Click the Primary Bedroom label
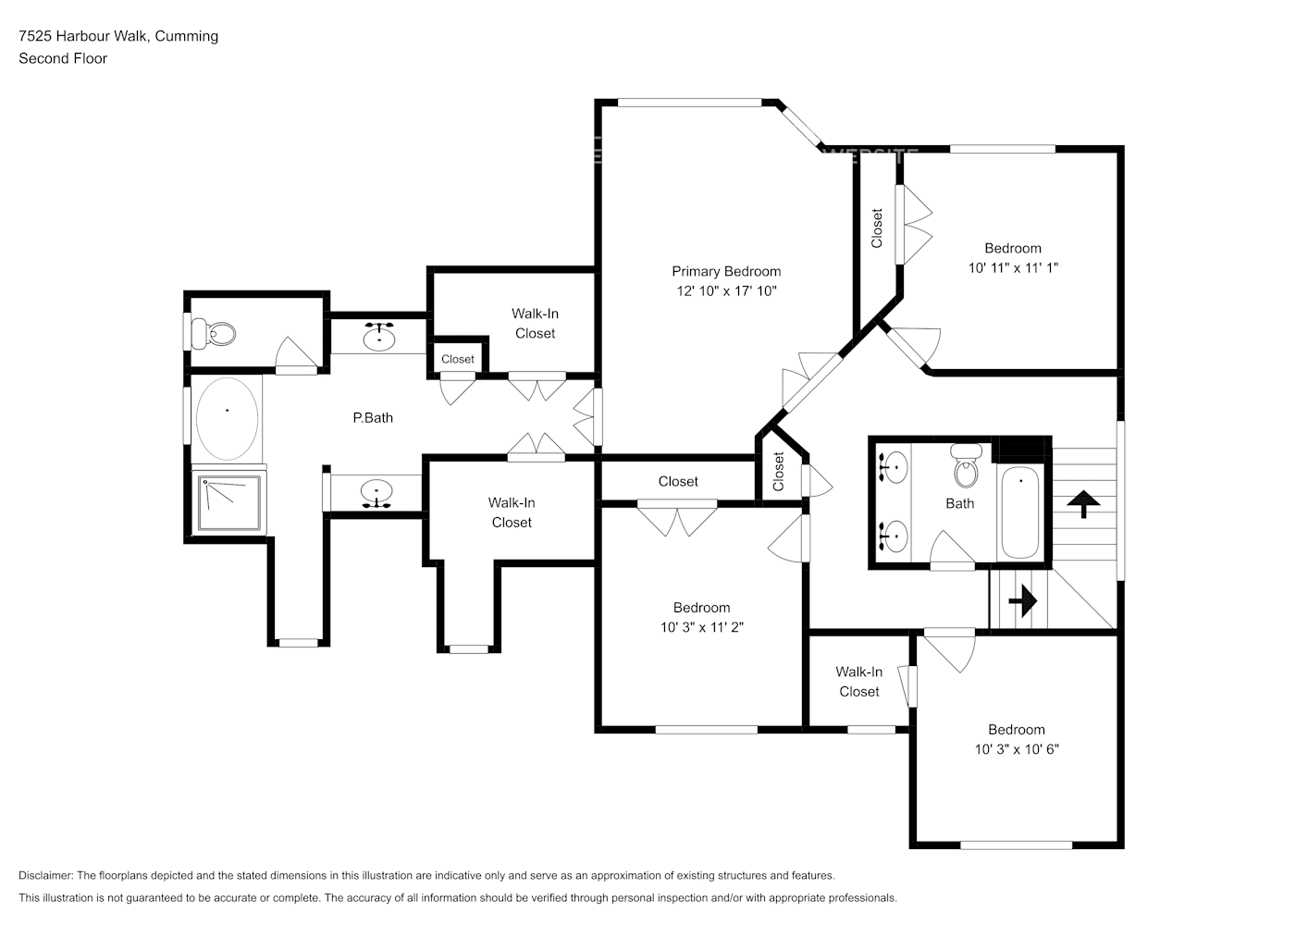(725, 271)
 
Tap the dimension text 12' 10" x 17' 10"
(725, 290)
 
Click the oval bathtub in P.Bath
(227, 418)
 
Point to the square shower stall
(228, 502)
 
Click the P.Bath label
(373, 418)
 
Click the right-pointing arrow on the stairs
(1021, 602)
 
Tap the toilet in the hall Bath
(967, 464)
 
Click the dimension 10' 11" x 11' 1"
(1012, 267)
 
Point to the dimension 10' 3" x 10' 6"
(1016, 749)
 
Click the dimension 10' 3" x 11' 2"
(701, 627)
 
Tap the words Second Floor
(63, 58)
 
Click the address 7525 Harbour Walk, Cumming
(118, 36)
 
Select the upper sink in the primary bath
(377, 338)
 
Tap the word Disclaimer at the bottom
(45, 875)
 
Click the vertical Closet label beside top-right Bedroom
(877, 228)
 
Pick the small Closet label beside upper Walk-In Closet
(457, 359)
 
